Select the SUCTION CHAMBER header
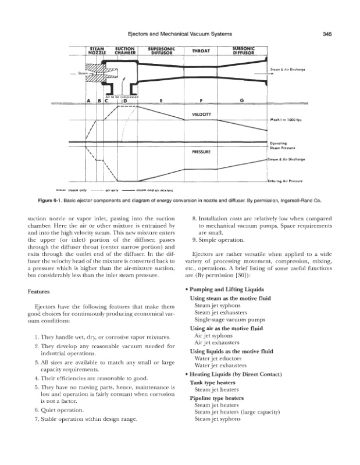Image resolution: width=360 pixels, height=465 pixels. [125, 51]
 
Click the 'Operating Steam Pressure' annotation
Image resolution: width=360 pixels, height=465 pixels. [281, 145]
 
